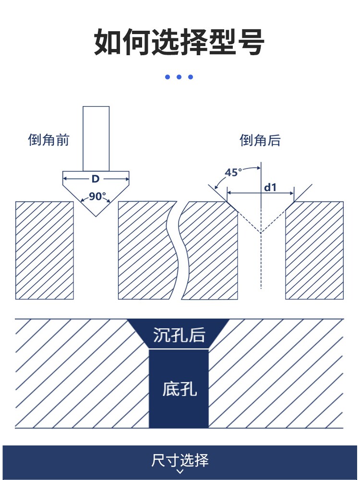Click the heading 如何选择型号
[x=179, y=42]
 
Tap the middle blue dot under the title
[x=179, y=77]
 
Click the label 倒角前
[x=48, y=140]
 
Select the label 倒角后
[x=260, y=140]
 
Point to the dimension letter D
[x=96, y=179]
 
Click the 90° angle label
[x=97, y=196]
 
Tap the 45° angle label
[x=233, y=172]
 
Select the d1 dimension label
[x=270, y=187]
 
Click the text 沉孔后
[x=179, y=335]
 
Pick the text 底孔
[x=180, y=389]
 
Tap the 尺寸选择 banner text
[x=180, y=460]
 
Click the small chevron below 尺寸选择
[x=180, y=471]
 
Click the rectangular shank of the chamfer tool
[x=96, y=139]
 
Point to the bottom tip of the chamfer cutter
[x=96, y=216]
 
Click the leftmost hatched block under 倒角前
[x=45, y=251]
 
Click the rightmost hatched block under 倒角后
[x=314, y=251]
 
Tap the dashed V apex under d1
[x=261, y=233]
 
